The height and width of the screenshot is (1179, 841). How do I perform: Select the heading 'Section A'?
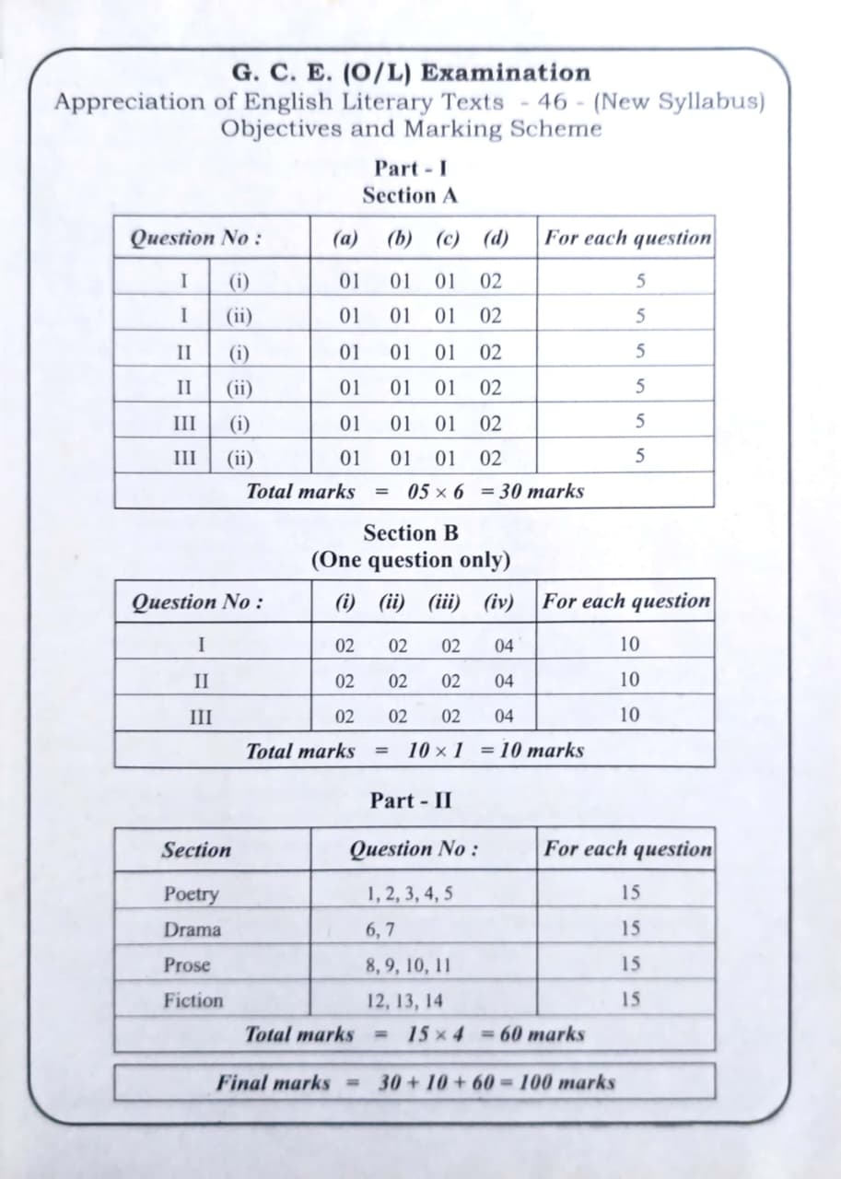click(x=410, y=195)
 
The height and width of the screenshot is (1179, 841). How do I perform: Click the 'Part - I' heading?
click(x=411, y=169)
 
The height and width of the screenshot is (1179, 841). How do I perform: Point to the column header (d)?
click(x=496, y=238)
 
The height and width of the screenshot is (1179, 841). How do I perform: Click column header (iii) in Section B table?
click(x=445, y=601)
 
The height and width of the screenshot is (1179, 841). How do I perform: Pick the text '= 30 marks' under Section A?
click(x=532, y=491)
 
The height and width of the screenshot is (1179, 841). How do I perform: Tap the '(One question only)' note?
click(x=410, y=560)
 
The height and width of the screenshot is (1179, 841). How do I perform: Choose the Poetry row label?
click(x=192, y=893)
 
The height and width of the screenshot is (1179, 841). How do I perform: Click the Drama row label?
click(x=193, y=929)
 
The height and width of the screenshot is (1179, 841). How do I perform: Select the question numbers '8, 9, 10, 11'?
click(x=408, y=965)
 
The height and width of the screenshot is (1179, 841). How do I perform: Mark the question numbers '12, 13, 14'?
click(x=403, y=1000)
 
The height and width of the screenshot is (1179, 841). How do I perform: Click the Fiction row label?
click(x=193, y=1000)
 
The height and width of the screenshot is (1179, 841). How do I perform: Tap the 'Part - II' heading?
click(x=411, y=800)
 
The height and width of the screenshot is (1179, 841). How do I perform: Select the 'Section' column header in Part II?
click(x=196, y=849)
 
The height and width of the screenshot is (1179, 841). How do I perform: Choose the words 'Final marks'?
click(x=273, y=1082)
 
